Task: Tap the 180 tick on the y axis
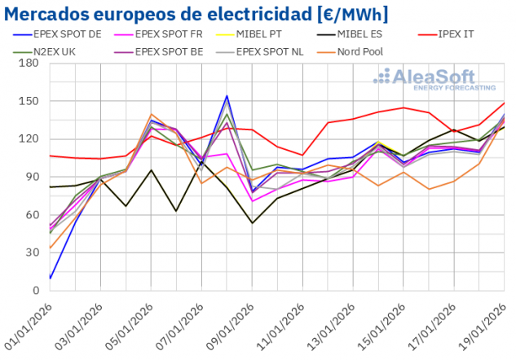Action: click(30, 64)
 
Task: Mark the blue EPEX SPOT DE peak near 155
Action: click(227, 96)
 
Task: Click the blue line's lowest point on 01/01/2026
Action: click(51, 278)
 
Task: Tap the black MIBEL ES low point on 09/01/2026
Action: click(252, 223)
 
